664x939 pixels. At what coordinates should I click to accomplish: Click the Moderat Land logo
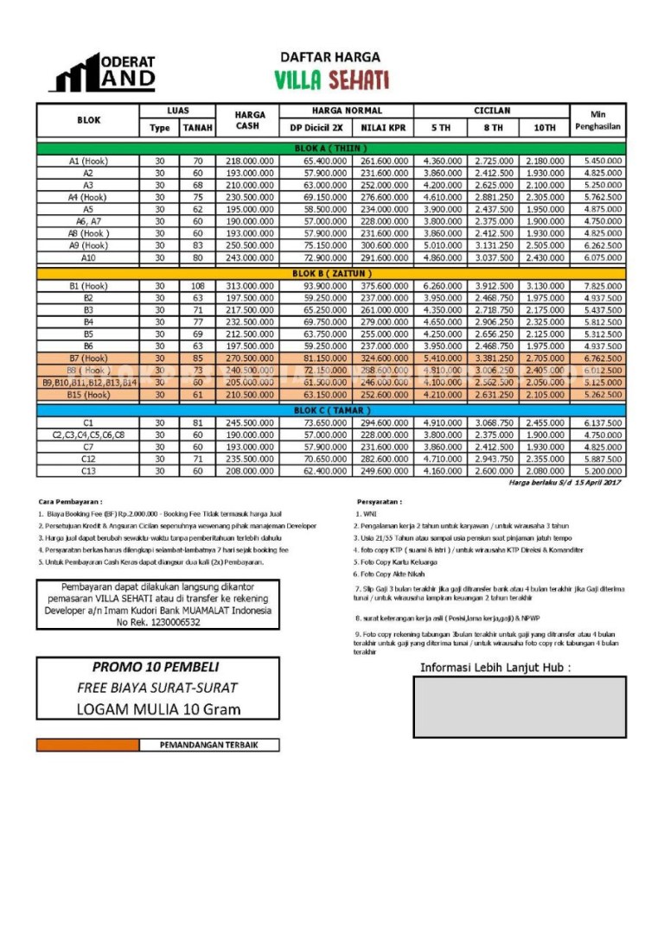(x=103, y=73)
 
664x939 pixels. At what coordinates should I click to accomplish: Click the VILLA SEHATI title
(x=331, y=80)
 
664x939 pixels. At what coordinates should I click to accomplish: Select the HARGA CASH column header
(x=251, y=120)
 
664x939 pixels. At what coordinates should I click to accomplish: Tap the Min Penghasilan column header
(x=597, y=120)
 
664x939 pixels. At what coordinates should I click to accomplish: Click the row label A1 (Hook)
(x=88, y=162)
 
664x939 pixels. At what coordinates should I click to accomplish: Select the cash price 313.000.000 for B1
(x=251, y=286)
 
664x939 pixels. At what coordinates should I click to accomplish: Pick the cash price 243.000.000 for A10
(x=251, y=257)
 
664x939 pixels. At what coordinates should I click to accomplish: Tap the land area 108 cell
(x=197, y=286)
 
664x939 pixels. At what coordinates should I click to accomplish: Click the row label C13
(x=88, y=472)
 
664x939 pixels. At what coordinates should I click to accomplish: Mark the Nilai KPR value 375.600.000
(x=384, y=286)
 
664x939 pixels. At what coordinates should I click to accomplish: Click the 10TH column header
(x=544, y=128)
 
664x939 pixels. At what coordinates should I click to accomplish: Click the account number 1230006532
(x=157, y=622)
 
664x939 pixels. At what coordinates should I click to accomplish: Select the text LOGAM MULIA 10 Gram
(x=157, y=709)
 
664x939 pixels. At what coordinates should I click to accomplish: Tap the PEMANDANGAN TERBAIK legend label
(x=207, y=745)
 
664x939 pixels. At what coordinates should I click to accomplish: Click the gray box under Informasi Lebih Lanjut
(x=519, y=707)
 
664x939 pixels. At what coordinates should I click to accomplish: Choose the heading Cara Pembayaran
(x=70, y=501)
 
